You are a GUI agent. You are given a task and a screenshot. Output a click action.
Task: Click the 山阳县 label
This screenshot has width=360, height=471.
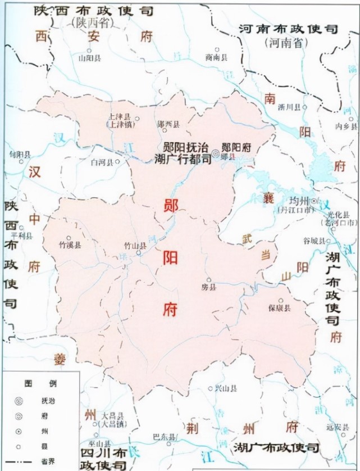(90, 57)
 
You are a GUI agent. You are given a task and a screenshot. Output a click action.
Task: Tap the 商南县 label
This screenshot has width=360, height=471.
(216, 57)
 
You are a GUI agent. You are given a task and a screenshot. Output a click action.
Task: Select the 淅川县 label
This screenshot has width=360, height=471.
(297, 106)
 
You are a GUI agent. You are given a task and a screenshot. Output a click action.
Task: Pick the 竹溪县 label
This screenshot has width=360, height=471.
(70, 245)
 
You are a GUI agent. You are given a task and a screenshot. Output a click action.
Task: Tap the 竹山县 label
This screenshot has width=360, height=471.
(135, 246)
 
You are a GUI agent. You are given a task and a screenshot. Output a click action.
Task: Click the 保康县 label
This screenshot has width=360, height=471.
(279, 308)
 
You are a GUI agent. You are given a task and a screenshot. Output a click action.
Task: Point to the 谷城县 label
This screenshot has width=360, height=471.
(315, 241)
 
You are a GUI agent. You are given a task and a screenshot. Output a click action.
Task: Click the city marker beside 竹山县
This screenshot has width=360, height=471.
(139, 253)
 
